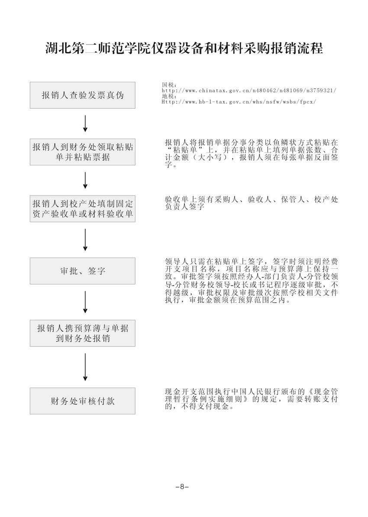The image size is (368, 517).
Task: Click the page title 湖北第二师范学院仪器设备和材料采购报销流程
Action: [184, 48]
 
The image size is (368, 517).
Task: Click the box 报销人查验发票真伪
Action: [82, 95]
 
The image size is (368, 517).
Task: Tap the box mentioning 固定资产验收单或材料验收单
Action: [82, 209]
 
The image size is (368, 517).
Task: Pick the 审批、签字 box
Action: [82, 271]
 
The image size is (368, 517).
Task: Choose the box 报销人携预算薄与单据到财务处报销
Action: [82, 333]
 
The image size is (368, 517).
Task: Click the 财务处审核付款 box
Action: [82, 401]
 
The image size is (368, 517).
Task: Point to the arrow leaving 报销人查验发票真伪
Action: [85, 123]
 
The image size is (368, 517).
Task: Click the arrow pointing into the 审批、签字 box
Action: [85, 239]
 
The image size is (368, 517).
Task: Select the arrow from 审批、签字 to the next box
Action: [85, 302]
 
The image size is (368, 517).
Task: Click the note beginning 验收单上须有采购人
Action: [251, 204]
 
